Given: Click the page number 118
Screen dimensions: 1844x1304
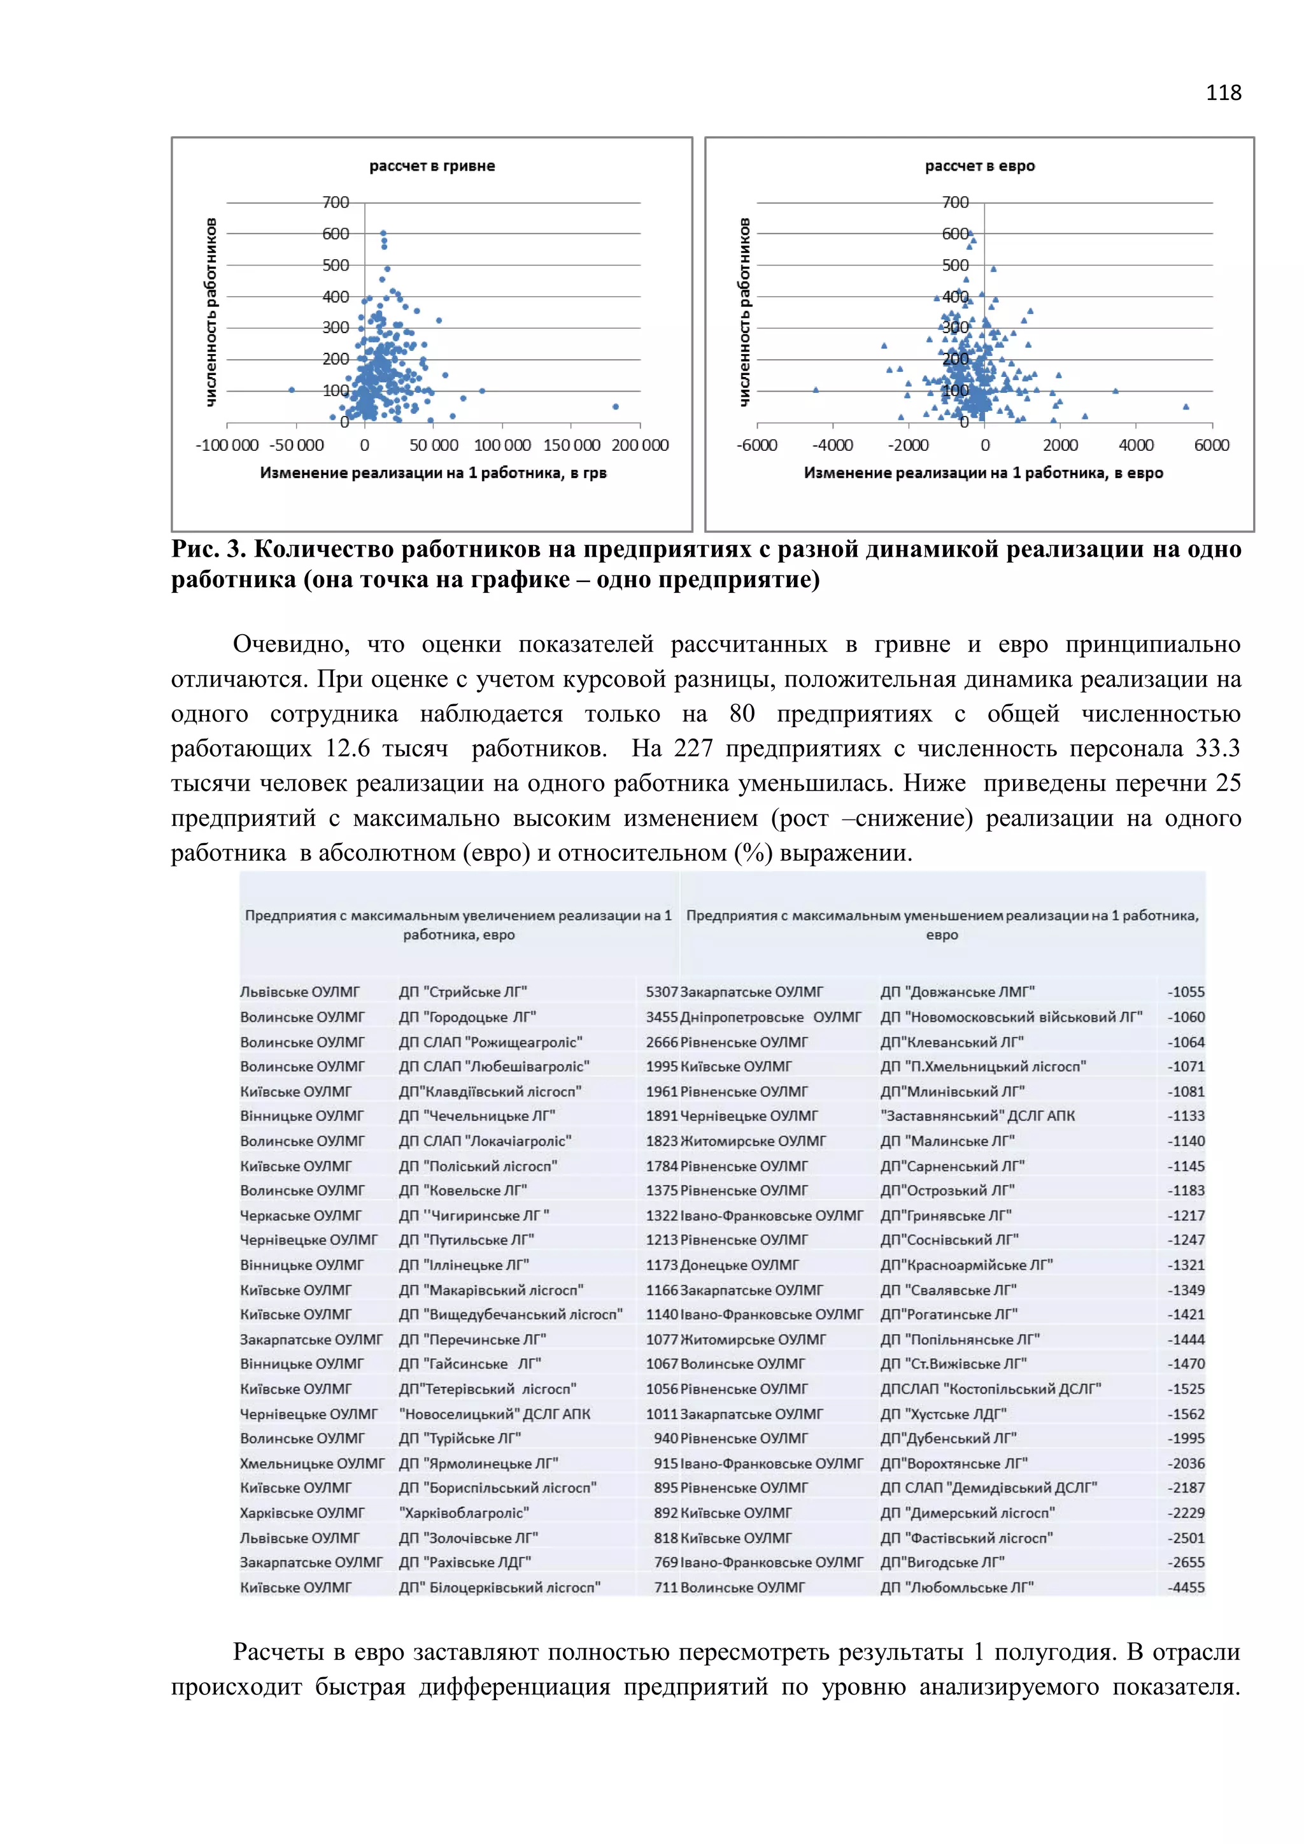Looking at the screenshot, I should click(1223, 93).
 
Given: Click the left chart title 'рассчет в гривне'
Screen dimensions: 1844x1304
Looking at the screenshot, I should click(432, 166).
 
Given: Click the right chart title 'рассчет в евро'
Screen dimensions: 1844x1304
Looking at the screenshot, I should click(980, 166).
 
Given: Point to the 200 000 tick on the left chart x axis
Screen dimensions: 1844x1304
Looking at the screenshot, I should click(640, 446).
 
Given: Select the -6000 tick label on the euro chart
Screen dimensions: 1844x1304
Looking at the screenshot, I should click(756, 446).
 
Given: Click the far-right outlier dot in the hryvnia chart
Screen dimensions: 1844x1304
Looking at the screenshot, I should click(616, 406).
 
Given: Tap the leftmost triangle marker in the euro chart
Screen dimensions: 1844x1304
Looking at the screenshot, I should click(816, 390).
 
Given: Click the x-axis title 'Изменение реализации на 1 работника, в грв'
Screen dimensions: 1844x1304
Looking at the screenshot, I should click(433, 473).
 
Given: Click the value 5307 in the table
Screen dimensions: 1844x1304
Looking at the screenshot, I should click(662, 992).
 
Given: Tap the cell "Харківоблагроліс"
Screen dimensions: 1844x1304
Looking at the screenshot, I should click(464, 1512).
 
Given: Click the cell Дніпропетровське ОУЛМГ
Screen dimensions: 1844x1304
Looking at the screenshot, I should click(770, 1017).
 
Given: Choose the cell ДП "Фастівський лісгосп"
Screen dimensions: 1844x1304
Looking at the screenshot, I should click(966, 1537).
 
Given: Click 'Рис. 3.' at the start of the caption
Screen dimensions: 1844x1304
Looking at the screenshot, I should click(207, 550).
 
